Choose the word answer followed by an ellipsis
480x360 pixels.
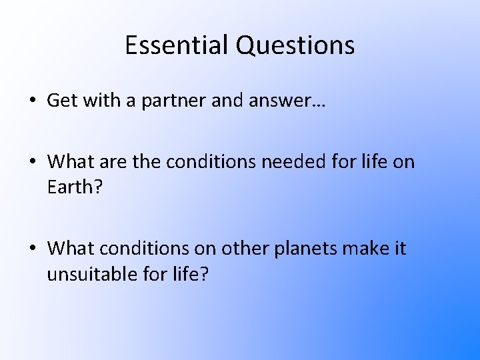pyautogui.click(x=283, y=101)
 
